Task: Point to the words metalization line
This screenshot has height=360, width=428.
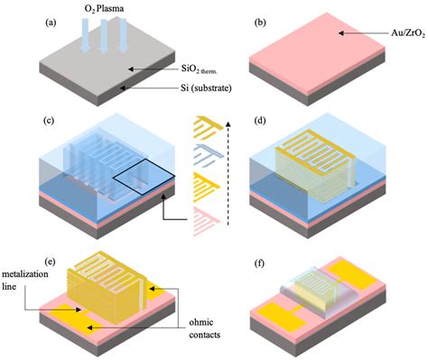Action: pyautogui.click(x=23, y=286)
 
